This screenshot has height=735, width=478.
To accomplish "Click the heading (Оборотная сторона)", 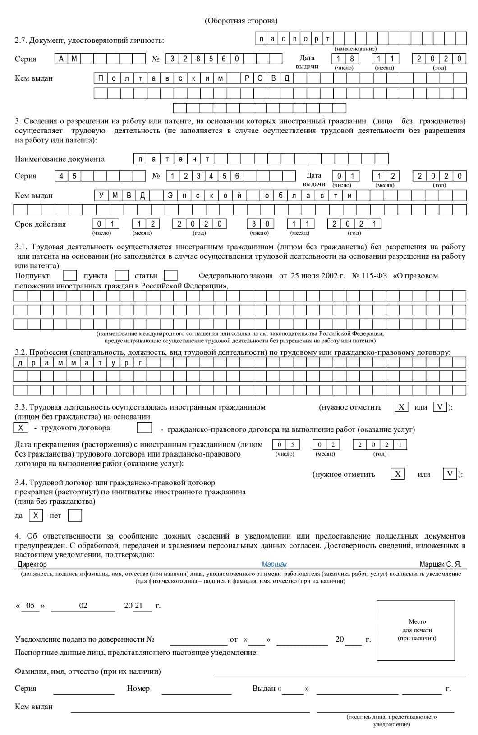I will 241,21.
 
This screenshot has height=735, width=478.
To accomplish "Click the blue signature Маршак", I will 274,564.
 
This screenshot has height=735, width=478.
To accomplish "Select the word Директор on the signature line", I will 32,564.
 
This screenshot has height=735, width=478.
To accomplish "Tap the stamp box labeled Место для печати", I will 416,630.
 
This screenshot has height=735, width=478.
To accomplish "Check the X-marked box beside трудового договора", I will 21,428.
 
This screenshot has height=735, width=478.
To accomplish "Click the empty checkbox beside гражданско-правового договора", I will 144,428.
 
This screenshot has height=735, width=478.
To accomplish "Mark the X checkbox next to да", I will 36,516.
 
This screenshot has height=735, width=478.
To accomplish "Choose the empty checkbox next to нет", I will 75,516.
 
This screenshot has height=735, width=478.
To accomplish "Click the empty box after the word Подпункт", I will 70,275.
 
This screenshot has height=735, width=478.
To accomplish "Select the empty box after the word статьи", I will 170,275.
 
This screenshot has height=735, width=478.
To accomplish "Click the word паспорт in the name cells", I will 295,39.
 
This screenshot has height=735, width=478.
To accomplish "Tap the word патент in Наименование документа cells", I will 174,159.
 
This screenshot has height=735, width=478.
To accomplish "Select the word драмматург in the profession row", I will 80,363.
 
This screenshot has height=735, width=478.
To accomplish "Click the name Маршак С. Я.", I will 440,564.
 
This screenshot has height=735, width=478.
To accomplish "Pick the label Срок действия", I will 40,224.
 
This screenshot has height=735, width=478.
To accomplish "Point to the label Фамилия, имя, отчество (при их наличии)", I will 88,671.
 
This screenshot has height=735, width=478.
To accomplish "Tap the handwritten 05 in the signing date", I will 30,606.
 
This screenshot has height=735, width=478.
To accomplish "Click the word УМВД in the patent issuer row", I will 121,196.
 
